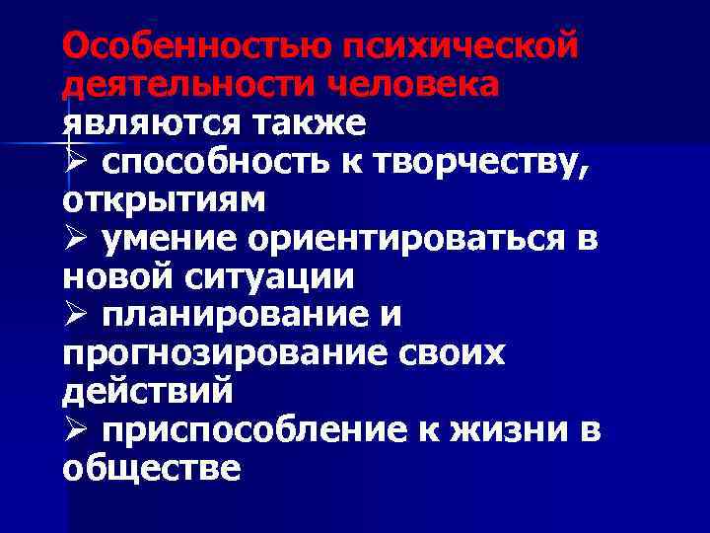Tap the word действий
coord(148,392)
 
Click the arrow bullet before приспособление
coord(72,430)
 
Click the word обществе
coord(151,469)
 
